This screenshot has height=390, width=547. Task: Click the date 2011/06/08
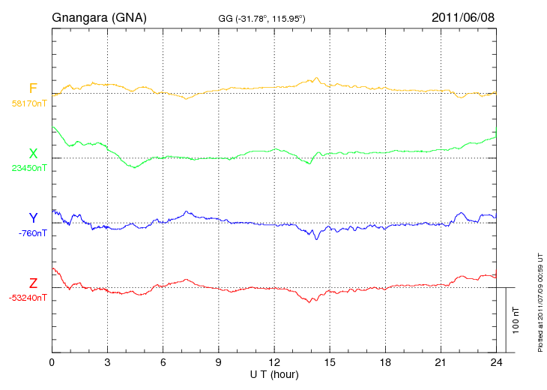tap(463, 17)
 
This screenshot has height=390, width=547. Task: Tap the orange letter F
tap(33, 88)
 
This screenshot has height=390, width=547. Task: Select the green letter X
tap(33, 154)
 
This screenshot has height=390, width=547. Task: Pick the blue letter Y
tap(33, 218)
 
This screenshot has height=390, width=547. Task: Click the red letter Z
tap(33, 283)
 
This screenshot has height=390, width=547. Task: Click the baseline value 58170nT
tap(28, 103)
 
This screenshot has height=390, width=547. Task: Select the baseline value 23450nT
tap(28, 168)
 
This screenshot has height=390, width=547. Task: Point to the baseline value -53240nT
tap(28, 298)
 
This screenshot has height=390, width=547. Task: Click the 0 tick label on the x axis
tap(52, 362)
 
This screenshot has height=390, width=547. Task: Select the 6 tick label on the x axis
tap(163, 362)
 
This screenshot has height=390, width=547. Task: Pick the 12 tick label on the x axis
tap(273, 362)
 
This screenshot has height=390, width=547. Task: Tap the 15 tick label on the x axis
tap(330, 362)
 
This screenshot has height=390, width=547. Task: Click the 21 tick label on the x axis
tap(441, 362)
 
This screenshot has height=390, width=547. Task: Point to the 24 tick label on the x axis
tap(496, 362)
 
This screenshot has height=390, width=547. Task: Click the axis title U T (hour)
tap(274, 373)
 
